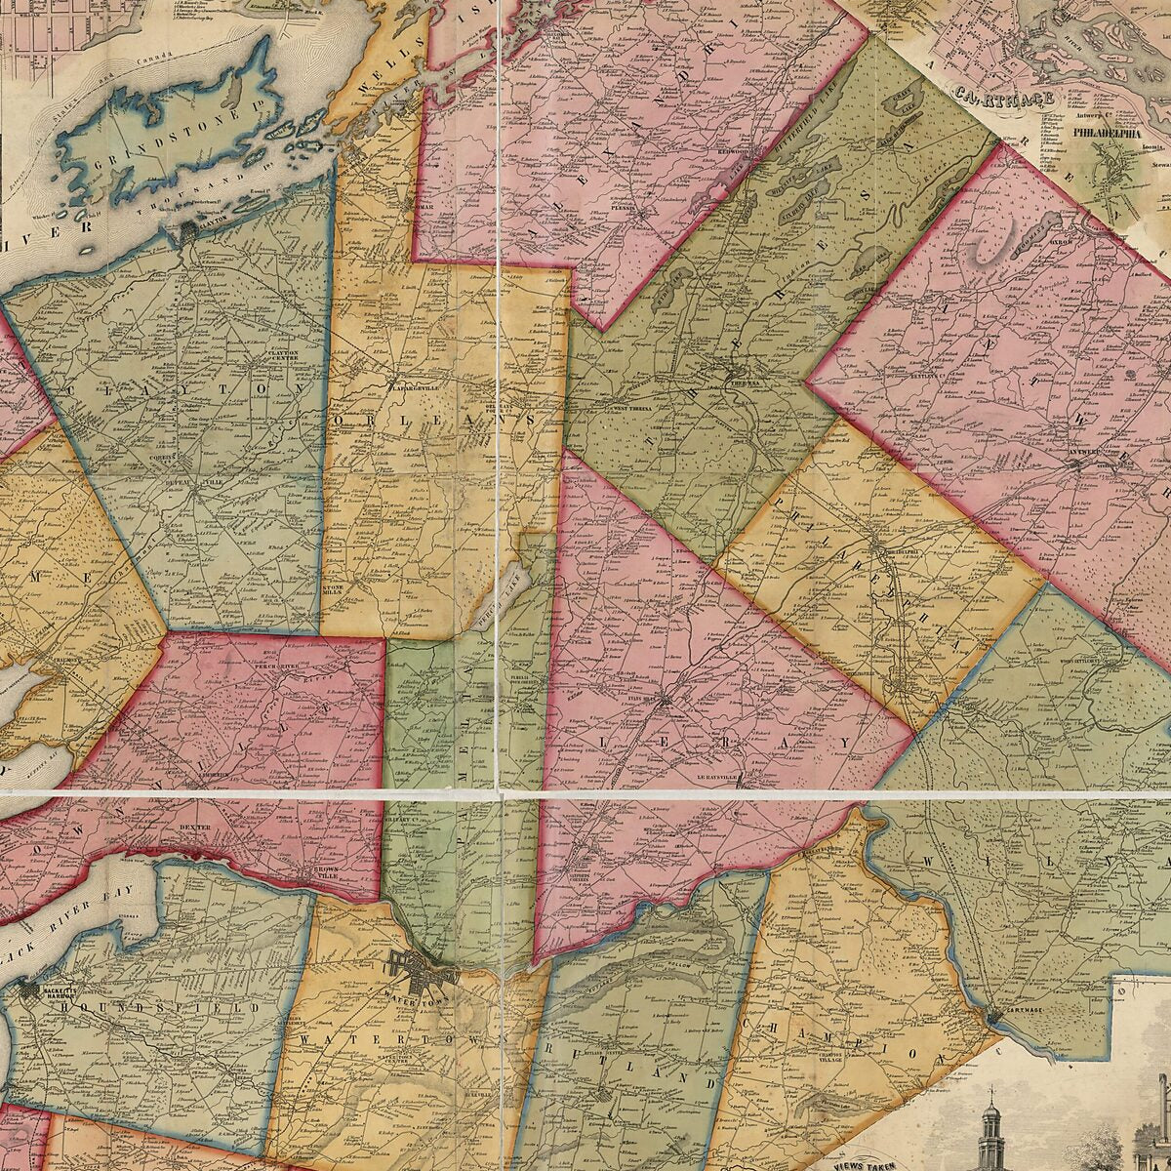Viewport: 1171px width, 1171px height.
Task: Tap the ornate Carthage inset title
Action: (x=1005, y=98)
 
